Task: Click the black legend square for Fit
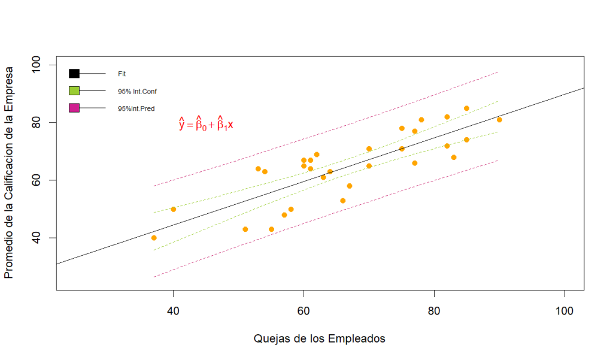74,73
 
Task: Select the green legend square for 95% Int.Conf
74,91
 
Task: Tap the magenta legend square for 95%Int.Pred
74,108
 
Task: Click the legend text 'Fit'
122,74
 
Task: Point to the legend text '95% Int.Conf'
137,92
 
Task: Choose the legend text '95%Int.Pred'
136,109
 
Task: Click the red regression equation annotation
206,124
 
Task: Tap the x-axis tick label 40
173,310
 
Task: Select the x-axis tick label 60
304,310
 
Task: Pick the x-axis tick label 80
434,310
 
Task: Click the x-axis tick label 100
565,310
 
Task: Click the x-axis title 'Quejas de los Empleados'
320,338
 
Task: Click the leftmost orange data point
154,238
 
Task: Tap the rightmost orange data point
499,120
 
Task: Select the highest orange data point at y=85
466,108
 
